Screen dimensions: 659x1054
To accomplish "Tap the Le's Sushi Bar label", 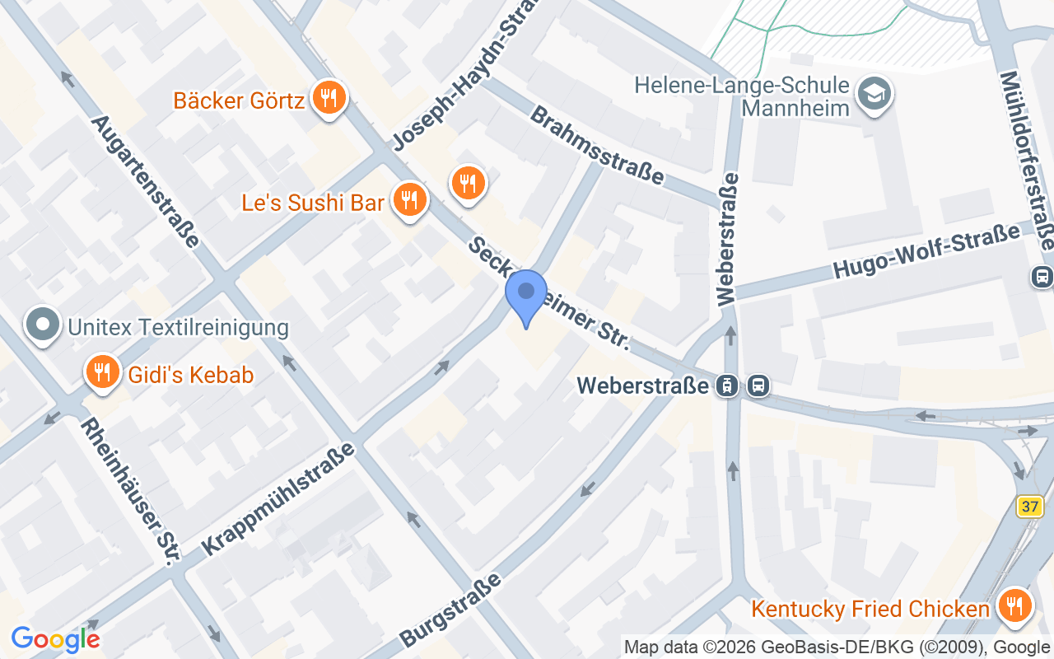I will pos(313,203).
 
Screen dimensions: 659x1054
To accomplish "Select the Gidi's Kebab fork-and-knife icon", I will pos(102,373).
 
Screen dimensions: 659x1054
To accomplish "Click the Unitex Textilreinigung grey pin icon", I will pos(43,326).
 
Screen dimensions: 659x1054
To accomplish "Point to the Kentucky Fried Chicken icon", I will pos(1014,607).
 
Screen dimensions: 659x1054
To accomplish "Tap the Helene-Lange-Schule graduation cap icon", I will pos(874,93).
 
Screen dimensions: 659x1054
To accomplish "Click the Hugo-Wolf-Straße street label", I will pos(926,254).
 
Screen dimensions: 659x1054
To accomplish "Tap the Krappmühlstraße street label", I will pos(277,498).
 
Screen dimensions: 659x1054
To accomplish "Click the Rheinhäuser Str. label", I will pos(130,491).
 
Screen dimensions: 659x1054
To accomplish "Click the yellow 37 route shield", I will pos(1029,506).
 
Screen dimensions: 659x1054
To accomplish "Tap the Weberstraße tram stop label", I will pos(643,385).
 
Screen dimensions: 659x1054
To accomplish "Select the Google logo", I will pos(55,638).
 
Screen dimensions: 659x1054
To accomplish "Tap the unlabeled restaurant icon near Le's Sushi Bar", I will pos(469,182).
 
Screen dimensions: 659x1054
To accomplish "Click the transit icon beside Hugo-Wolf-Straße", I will pos(1042,277).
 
